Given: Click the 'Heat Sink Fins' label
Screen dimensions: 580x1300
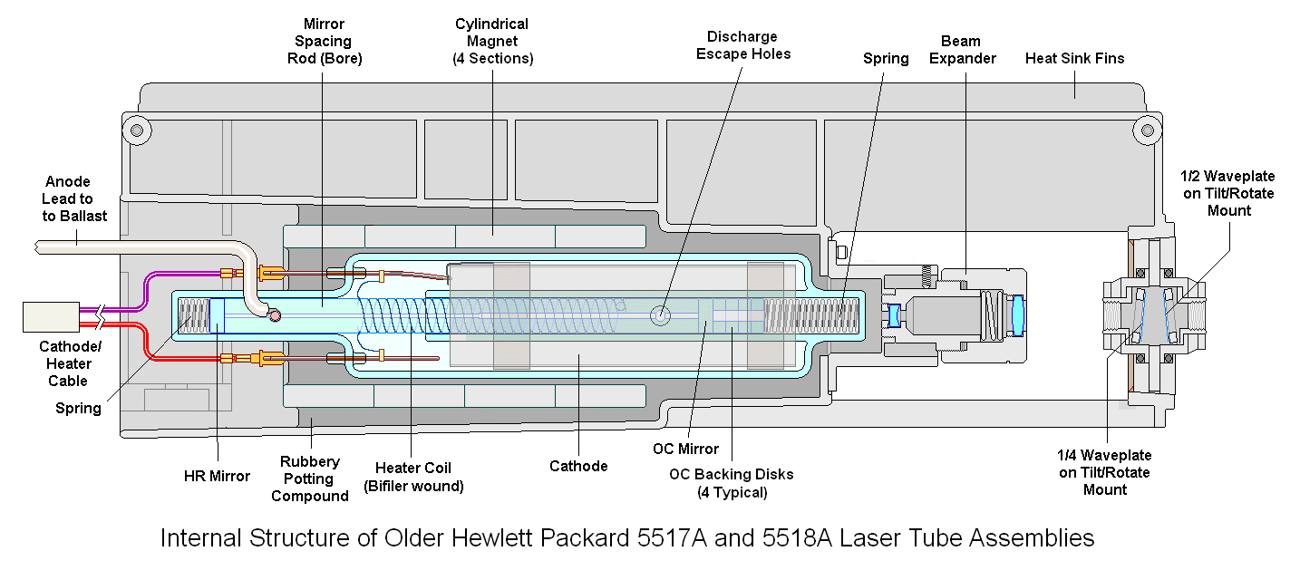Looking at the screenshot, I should (x=1074, y=59).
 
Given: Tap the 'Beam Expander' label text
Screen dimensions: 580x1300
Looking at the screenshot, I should (x=968, y=50).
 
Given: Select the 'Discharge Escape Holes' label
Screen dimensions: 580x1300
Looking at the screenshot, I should (x=742, y=45).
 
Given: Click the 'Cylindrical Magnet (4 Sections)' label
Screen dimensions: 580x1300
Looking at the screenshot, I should (x=492, y=41).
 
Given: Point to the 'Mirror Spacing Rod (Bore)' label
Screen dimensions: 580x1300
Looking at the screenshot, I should (x=324, y=42).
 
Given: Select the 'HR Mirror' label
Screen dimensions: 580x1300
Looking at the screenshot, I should (x=216, y=476).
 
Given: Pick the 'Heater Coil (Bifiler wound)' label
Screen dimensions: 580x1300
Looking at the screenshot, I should (x=413, y=477).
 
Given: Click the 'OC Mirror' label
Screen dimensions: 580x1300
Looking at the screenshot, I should (x=685, y=449).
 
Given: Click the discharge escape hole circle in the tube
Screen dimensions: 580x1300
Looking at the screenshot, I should (x=661, y=315).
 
